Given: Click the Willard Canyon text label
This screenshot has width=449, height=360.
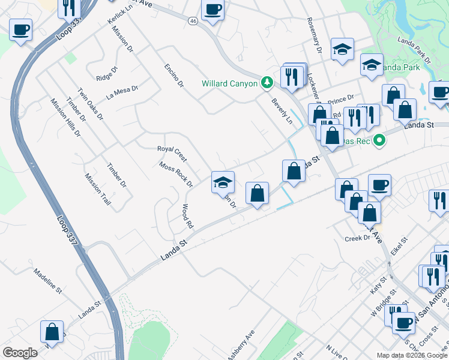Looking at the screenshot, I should point(230,83).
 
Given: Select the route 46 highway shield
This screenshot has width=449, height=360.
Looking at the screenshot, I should point(193,20).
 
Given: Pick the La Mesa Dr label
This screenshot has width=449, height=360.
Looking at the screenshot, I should point(122,92).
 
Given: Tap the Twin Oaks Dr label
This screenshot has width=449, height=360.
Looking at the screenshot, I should point(90,103).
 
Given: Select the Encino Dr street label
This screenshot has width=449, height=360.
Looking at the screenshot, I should point(173,76).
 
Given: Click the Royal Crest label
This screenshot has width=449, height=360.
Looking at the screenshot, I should point(172,153).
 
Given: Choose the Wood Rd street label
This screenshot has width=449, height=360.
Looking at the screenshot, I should point(187,217).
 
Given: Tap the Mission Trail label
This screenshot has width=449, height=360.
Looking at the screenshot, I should point(97,190).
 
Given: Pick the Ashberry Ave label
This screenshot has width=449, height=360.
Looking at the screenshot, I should point(241,345).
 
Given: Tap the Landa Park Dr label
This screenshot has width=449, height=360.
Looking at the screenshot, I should point(414,50).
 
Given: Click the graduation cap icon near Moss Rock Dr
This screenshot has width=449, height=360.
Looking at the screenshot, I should point(223,182).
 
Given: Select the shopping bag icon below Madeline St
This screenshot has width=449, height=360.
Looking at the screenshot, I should point(52,332).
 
